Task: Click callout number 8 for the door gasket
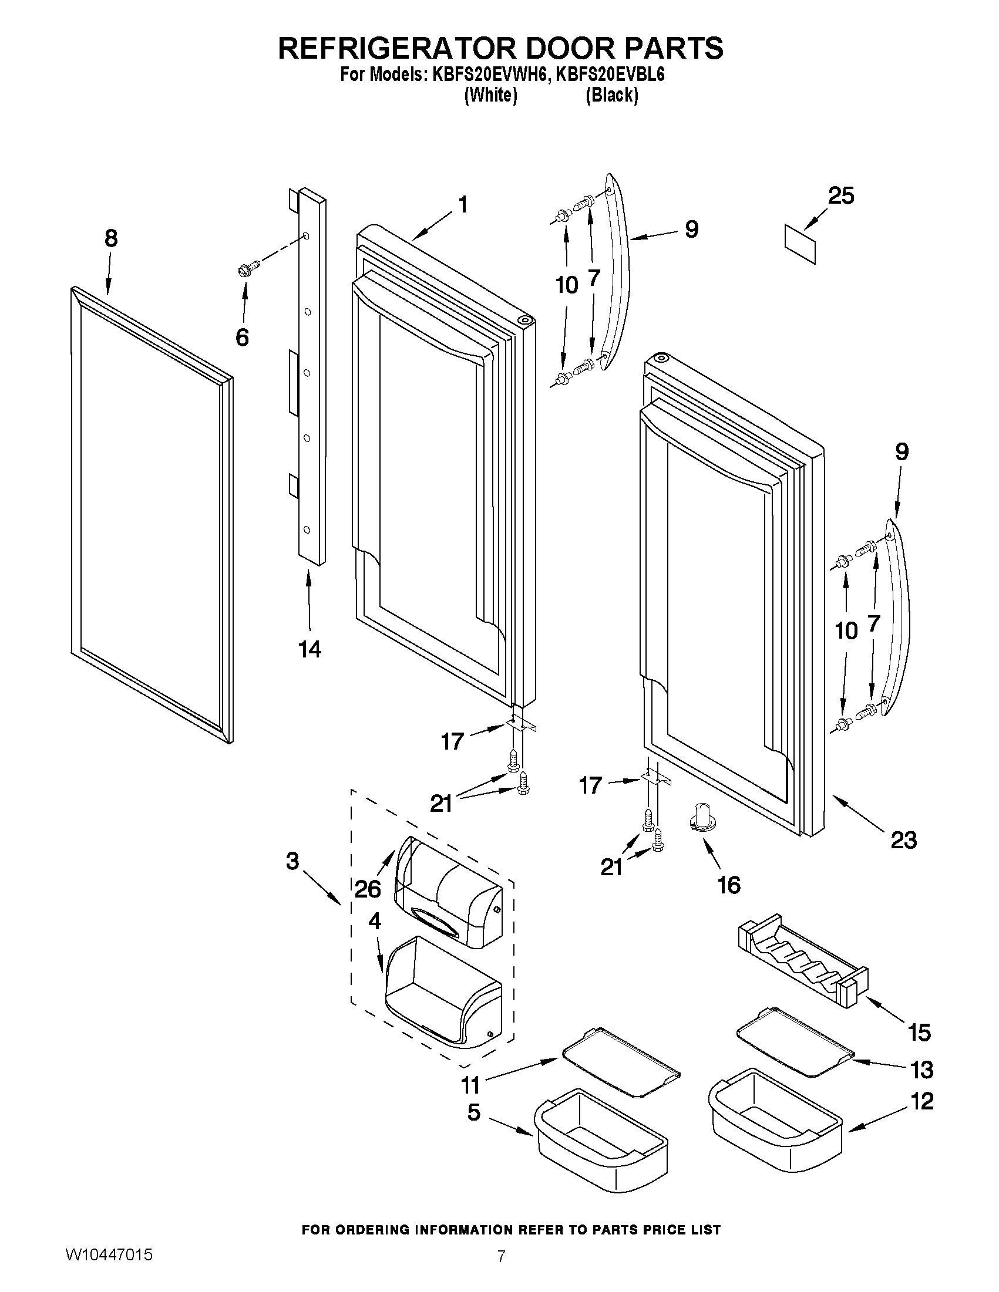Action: (x=110, y=238)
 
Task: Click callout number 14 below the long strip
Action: (x=309, y=649)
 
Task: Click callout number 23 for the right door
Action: (x=903, y=839)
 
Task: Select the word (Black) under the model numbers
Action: (x=611, y=95)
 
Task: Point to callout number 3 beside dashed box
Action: (x=292, y=861)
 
